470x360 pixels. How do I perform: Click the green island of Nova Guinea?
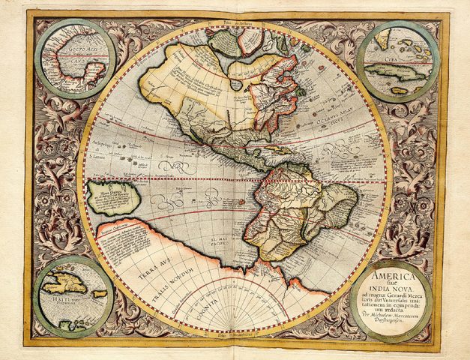coord(112,198)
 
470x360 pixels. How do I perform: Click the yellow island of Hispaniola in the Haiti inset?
coord(64,285)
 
